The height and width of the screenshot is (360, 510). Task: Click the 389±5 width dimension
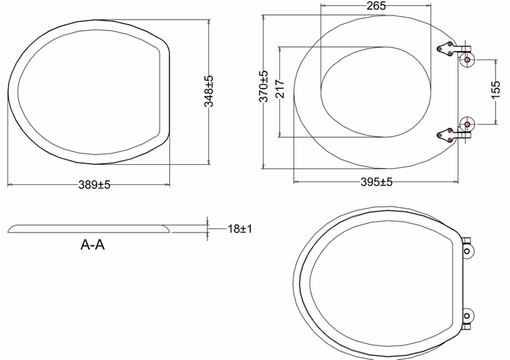[x=94, y=185]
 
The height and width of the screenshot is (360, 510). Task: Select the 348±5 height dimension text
[x=209, y=91]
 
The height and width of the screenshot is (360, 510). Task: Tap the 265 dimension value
[x=376, y=6]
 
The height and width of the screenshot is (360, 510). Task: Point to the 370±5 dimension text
[x=263, y=86]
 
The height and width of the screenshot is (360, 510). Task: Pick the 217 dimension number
[x=280, y=89]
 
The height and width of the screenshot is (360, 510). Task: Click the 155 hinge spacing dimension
[x=495, y=90]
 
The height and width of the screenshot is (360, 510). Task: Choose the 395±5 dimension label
[x=376, y=182]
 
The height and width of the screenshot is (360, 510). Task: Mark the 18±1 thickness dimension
[x=240, y=229]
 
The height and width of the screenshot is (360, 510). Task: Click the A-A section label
[x=92, y=245]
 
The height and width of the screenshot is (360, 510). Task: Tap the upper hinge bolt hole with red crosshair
[x=467, y=60]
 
